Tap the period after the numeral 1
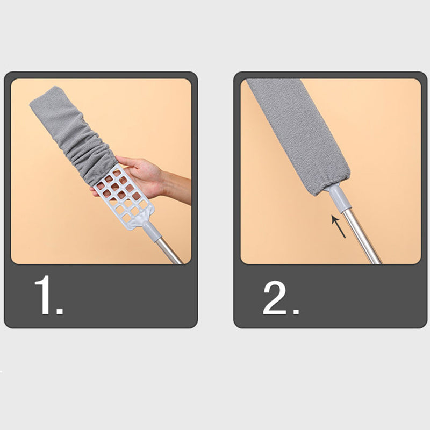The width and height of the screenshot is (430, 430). pyautogui.click(x=60, y=311)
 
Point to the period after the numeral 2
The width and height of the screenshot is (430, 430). pyautogui.click(x=295, y=311)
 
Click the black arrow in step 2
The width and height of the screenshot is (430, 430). pyautogui.click(x=338, y=226)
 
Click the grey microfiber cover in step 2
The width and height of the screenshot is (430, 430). pyautogui.click(x=296, y=129)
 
